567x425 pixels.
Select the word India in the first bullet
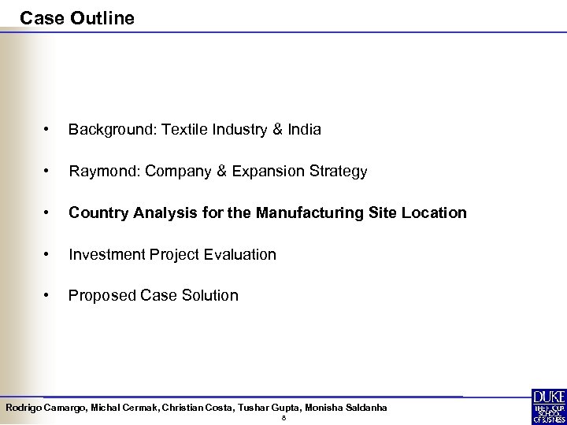303,130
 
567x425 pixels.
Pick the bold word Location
436,213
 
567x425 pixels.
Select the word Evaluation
241,255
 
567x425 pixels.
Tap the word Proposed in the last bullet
101,296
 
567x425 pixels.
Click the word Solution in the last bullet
210,296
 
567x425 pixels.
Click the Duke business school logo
548,406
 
